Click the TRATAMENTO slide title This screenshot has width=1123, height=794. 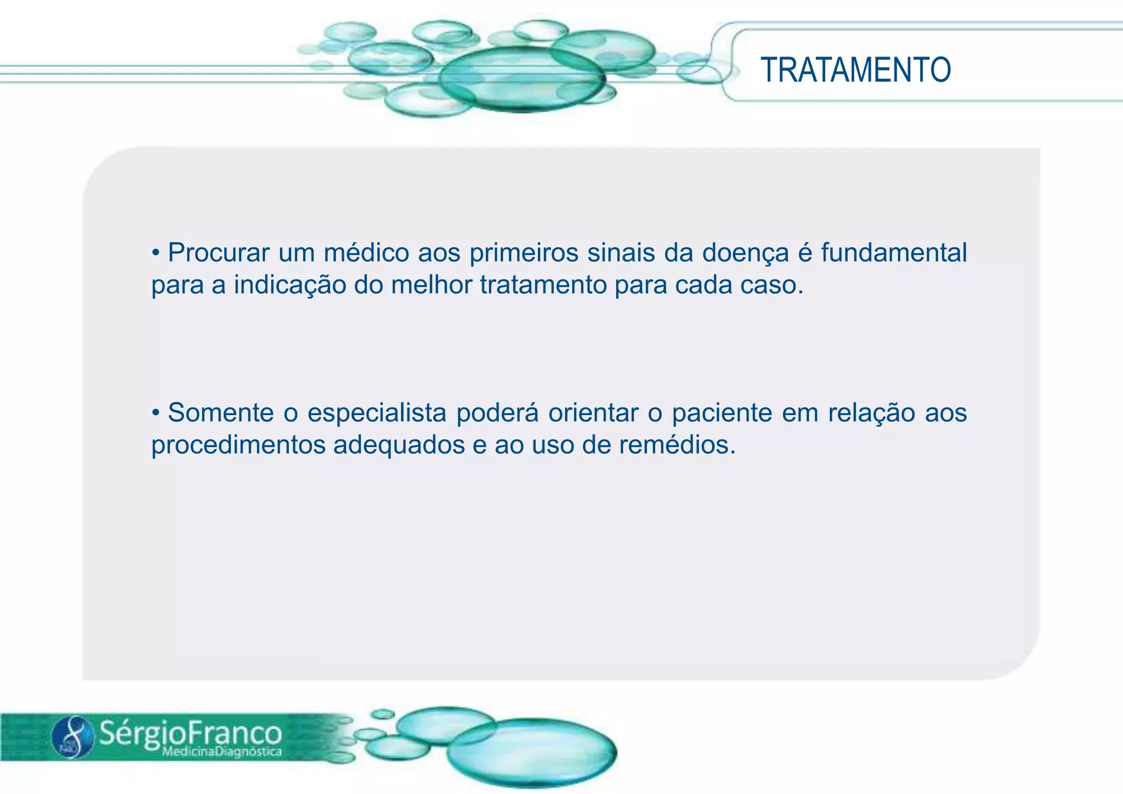coord(855,70)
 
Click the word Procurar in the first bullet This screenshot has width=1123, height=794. coord(218,253)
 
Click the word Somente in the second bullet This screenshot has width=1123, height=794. coord(220,412)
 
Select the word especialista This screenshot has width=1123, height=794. coord(376,413)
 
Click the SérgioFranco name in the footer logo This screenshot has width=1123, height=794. coord(190,733)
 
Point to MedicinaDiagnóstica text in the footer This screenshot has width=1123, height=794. coord(222,752)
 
